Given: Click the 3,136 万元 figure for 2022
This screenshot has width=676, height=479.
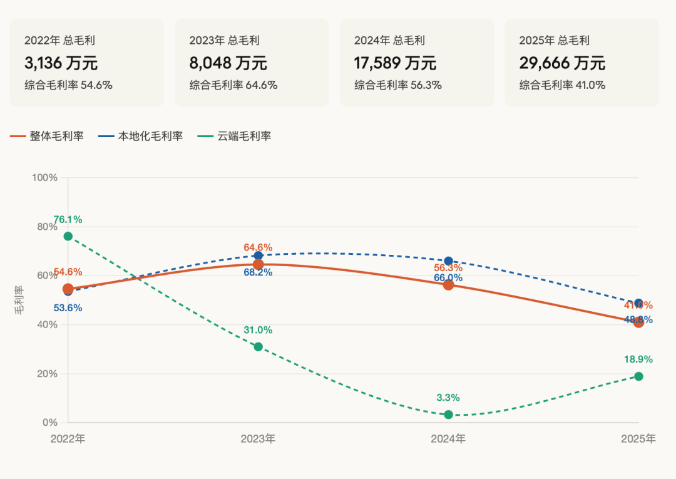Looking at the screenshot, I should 61,63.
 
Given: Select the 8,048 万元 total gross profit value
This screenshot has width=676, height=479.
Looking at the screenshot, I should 228,63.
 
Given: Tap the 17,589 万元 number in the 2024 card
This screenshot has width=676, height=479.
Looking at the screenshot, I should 395,63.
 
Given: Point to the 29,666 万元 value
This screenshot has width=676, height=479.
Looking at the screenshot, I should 562,63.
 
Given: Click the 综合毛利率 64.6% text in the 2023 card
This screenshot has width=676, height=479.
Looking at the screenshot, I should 233,85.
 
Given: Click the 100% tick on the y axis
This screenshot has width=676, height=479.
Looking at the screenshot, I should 44,178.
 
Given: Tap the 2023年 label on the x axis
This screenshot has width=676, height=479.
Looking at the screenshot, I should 258,439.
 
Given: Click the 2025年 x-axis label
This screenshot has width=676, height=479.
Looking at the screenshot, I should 638,439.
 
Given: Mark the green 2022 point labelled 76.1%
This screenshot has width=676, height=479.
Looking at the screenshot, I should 68,236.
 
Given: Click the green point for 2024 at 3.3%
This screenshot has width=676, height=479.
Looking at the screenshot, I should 448,415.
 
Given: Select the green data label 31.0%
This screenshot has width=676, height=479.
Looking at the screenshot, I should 258,330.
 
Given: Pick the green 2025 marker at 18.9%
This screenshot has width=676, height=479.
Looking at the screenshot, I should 638,376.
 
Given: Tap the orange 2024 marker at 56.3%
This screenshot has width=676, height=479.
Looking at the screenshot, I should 448,285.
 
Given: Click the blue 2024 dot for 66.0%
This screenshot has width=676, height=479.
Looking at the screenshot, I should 448,261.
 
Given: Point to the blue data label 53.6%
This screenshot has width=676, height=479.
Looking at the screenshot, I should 68,308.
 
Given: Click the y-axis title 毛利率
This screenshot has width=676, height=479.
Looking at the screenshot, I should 19,300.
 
